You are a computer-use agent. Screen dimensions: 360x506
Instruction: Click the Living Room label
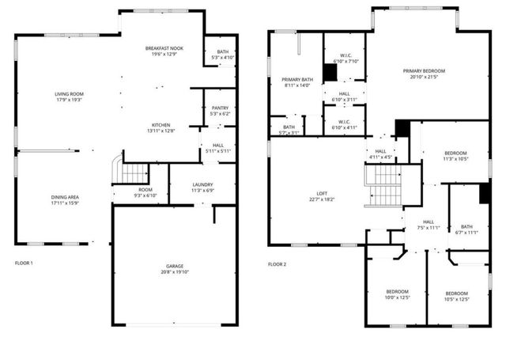(69, 94)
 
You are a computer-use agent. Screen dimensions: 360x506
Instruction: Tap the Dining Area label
(69, 196)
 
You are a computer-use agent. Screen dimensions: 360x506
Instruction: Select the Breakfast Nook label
(164, 49)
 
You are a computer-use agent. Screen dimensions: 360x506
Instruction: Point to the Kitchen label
(161, 125)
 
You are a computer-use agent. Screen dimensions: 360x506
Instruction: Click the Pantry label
(219, 110)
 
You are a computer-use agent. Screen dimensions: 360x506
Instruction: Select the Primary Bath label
(298, 80)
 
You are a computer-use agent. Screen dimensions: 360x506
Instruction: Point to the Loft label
(321, 194)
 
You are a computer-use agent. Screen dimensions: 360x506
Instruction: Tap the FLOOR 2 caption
(277, 263)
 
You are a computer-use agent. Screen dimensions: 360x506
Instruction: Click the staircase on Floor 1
(136, 173)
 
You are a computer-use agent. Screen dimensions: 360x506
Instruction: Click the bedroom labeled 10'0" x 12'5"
(397, 294)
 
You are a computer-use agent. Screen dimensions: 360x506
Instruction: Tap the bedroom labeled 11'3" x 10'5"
(455, 155)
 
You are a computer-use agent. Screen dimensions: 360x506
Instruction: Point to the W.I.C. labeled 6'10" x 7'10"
(346, 58)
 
